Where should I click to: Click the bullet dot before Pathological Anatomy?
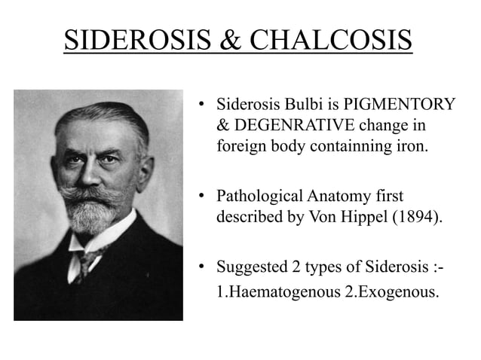click(202, 198)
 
